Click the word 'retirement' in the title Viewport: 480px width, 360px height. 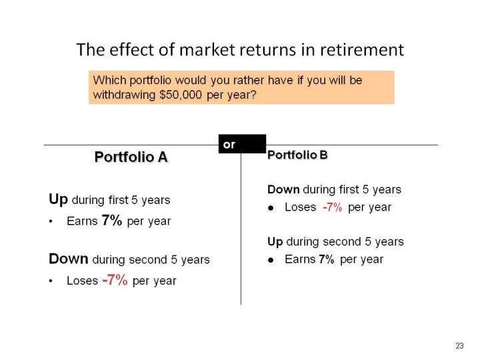click(362, 49)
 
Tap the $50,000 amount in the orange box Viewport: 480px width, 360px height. click(181, 95)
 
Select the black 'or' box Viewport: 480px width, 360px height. click(242, 143)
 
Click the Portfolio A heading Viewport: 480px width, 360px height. click(131, 157)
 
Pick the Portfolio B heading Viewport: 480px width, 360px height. click(297, 155)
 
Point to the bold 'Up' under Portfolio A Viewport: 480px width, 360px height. click(58, 199)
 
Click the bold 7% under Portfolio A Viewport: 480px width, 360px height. click(112, 220)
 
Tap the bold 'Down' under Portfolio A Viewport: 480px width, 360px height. click(69, 259)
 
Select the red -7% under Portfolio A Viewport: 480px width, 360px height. click(115, 280)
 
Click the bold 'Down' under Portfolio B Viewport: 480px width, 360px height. click(283, 189)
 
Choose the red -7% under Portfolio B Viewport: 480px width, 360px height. click(333, 207)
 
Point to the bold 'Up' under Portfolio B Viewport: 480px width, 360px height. click(275, 242)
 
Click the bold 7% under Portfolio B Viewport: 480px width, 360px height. click(326, 259)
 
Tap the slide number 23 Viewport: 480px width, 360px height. click(459, 346)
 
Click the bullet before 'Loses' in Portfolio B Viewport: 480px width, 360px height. click(271, 208)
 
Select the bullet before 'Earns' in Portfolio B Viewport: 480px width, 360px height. click(271, 260)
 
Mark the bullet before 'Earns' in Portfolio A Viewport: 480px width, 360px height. click(51, 221)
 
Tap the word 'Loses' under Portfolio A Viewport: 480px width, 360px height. click(83, 281)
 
